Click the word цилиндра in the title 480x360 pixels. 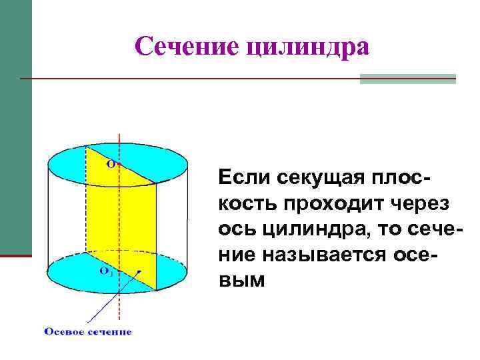point(308,47)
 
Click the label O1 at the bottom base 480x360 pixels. point(105,271)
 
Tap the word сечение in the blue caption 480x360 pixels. point(111,331)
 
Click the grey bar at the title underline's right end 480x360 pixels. point(407,79)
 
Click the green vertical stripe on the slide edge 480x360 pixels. point(15,127)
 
